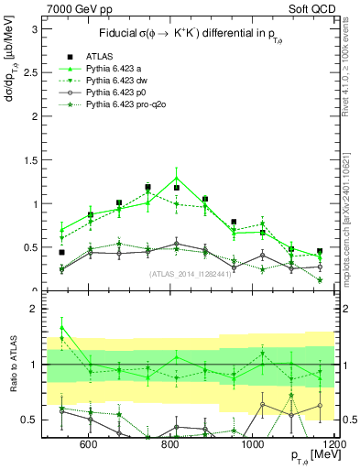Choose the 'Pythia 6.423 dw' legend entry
tap(120, 81)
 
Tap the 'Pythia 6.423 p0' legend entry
tap(120, 93)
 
